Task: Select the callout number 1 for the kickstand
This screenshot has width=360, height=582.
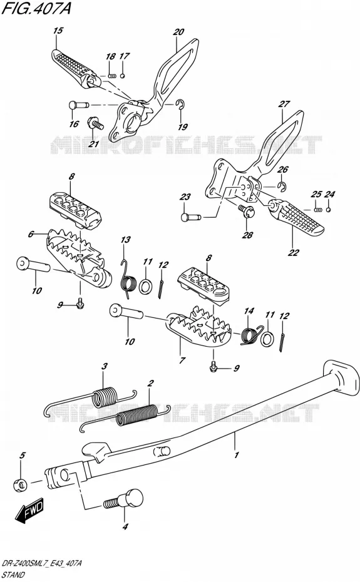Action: pyautogui.click(x=237, y=455)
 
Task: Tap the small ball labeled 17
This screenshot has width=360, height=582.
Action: pyautogui.click(x=123, y=76)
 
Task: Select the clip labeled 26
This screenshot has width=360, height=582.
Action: pyautogui.click(x=281, y=186)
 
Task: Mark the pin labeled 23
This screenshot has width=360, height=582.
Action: pyautogui.click(x=190, y=217)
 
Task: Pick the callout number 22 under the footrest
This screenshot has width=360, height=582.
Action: pyautogui.click(x=294, y=252)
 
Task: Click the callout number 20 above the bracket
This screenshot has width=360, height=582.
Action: pyautogui.click(x=178, y=32)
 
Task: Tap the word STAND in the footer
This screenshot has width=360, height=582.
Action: pyautogui.click(x=13, y=574)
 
